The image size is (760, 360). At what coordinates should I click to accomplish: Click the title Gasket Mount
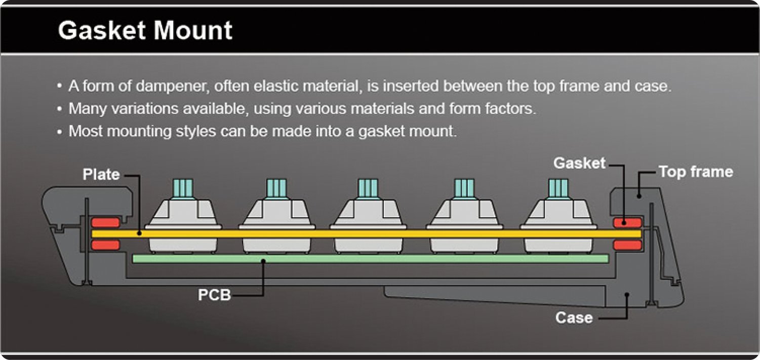coord(145,30)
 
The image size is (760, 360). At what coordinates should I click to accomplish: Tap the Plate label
coord(101,175)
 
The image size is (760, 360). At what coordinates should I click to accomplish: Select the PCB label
coord(214,295)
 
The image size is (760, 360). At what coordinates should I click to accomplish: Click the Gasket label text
coord(579,163)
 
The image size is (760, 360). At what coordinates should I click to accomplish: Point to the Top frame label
coord(695,172)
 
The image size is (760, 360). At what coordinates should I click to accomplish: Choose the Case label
coord(574,318)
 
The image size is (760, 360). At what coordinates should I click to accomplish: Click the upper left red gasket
coord(105,222)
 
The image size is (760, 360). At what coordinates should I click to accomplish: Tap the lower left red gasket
coord(105,245)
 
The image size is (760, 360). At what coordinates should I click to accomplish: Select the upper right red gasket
coord(627,222)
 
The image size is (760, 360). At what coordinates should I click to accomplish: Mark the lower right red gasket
coord(627,245)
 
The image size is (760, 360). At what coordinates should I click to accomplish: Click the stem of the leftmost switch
coord(183,188)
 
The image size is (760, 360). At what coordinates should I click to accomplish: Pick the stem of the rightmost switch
coord(558,188)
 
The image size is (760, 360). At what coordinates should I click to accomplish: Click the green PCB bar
coord(370,259)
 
